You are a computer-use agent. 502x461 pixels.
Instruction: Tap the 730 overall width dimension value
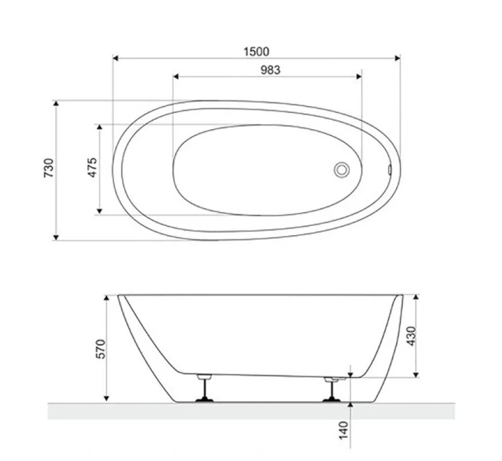pos(48,169)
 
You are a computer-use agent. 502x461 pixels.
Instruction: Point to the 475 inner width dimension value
pos(91,168)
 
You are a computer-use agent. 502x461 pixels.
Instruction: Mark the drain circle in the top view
pos(342,169)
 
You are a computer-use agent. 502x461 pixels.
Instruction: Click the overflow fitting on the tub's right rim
pos(390,169)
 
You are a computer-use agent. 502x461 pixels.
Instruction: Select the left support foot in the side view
pos(205,389)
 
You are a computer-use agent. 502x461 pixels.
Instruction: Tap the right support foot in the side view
pos(333,389)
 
